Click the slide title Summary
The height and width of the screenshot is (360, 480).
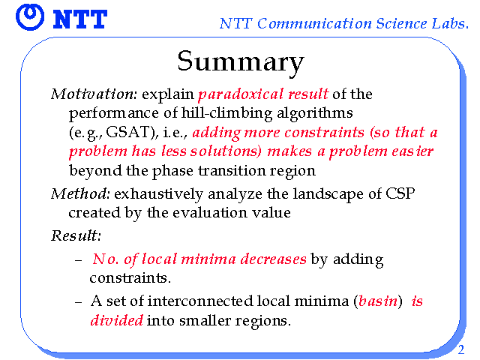click(x=241, y=62)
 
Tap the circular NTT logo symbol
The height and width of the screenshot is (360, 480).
click(x=30, y=17)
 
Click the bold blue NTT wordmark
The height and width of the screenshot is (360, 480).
click(x=80, y=19)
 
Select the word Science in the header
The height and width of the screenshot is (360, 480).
click(x=401, y=23)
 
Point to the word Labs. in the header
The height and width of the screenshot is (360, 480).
click(x=450, y=23)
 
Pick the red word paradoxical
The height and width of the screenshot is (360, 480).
click(x=241, y=94)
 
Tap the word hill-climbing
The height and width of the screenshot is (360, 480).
click(x=226, y=113)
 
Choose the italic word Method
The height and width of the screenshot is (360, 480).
click(x=80, y=193)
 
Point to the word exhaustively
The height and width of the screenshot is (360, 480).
click(x=158, y=194)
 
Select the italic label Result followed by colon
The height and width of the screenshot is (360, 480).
click(x=76, y=235)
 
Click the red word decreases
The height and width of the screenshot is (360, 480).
click(x=273, y=259)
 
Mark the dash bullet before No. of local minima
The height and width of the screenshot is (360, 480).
click(x=78, y=260)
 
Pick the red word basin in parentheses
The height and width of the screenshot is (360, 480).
click(x=378, y=301)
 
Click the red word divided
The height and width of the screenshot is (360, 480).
click(x=117, y=320)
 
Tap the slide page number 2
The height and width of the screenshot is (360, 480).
click(x=461, y=349)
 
